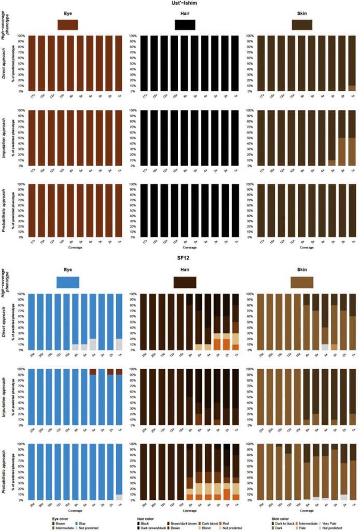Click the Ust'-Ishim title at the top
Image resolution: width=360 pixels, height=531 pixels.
point(181,3)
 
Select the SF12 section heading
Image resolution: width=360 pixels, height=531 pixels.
point(181,258)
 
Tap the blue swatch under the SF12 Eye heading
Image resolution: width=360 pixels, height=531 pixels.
point(68,282)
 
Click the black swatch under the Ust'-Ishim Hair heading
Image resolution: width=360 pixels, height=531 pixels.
point(185,25)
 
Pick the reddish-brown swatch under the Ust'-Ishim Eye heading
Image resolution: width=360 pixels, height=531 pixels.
point(68,25)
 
